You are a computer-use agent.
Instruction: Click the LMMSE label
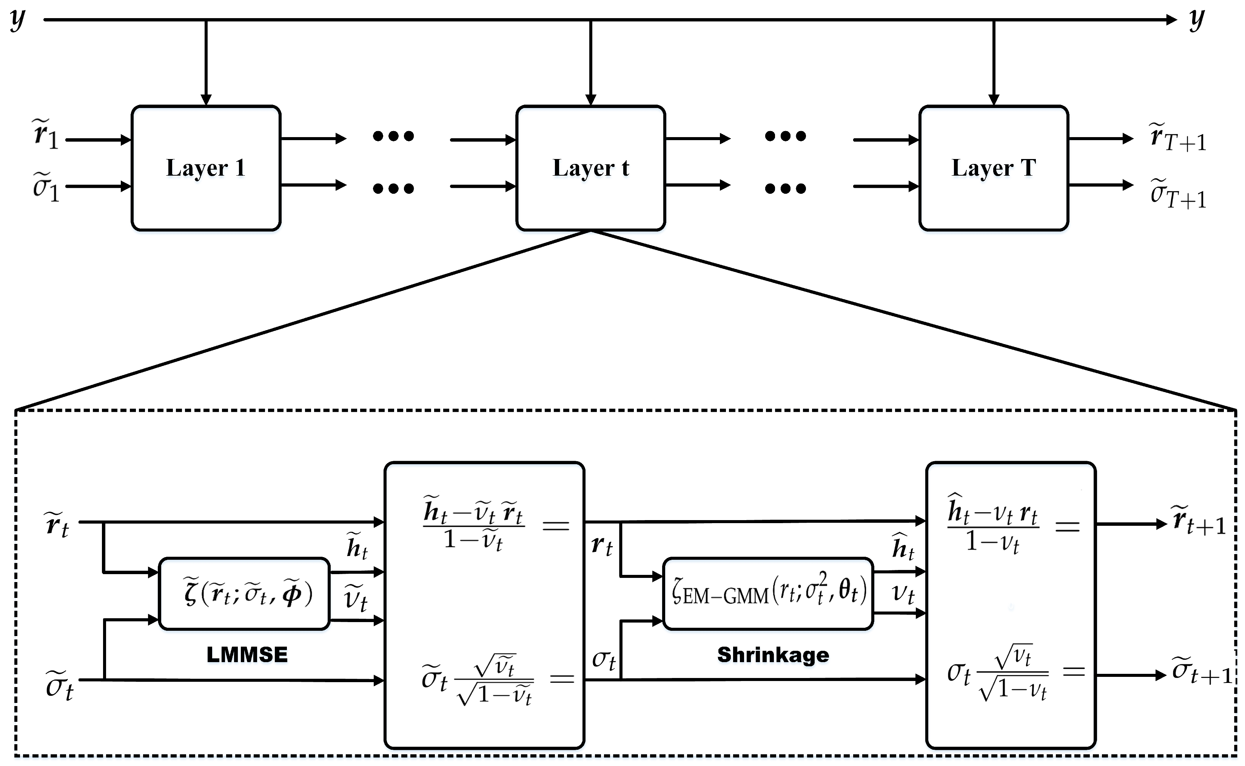[x=247, y=655]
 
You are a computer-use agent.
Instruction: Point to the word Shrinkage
[x=773, y=655]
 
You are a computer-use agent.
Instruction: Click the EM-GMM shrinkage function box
[x=768, y=593]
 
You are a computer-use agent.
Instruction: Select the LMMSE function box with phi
[x=245, y=593]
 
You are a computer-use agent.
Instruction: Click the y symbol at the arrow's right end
[x=1197, y=20]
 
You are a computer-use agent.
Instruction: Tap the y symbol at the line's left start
[x=18, y=20]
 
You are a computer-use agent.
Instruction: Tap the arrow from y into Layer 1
[x=206, y=62]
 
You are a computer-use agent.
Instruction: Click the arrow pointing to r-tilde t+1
[x=1132, y=524]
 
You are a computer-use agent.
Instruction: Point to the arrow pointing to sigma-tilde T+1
[x=1101, y=185]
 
